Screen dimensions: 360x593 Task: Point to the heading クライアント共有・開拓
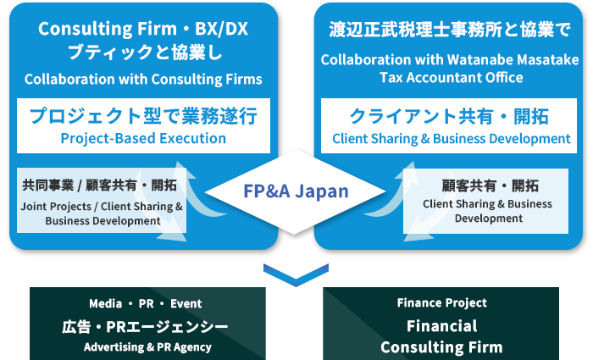tap(451, 117)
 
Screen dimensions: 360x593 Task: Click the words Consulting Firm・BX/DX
tap(143, 30)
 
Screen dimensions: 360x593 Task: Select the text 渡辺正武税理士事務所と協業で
tap(450, 30)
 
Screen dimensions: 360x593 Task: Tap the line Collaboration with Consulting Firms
tap(143, 80)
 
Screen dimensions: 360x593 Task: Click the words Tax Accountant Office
tap(450, 77)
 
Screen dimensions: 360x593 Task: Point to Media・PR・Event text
tap(145, 303)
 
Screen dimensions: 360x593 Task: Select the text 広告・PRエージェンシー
tap(145, 325)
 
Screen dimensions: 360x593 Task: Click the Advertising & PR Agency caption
tap(145, 346)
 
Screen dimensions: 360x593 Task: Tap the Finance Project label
tap(441, 303)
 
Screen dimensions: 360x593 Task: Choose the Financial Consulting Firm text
tap(441, 336)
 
